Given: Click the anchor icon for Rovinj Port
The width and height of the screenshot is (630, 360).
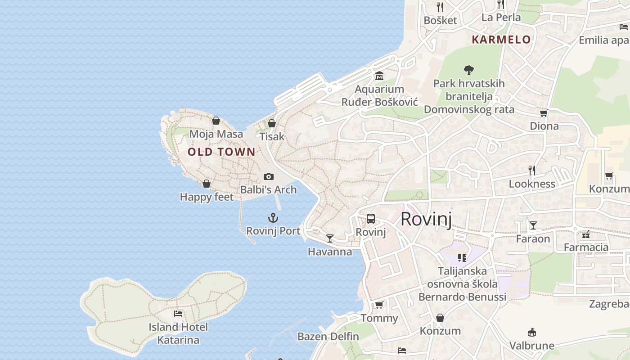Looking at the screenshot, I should [273, 218].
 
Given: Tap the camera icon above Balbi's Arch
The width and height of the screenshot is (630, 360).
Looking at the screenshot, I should [269, 176].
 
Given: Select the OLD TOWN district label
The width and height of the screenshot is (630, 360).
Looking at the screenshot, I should [221, 152].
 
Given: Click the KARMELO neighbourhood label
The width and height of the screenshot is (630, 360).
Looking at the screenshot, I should [501, 40].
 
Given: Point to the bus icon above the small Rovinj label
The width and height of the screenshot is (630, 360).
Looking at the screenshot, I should [371, 219].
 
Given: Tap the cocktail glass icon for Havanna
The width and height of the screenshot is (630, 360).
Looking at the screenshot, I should [330, 238].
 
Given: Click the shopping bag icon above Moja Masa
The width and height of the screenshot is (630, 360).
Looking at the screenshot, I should [216, 121].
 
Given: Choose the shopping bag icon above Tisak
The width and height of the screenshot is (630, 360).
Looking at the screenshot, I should [272, 123].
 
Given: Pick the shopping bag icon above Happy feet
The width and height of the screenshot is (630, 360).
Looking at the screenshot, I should [207, 184].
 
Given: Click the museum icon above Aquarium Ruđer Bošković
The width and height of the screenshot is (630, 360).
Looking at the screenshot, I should [379, 76].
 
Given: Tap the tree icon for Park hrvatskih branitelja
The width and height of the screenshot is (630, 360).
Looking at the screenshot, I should [469, 70].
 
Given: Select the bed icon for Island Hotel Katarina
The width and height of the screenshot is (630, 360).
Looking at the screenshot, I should [178, 313].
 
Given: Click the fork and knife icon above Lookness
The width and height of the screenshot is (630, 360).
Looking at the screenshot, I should [532, 170].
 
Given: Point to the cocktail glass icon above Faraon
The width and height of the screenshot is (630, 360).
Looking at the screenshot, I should [533, 225].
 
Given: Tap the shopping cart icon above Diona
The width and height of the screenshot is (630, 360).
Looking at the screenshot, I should [544, 113].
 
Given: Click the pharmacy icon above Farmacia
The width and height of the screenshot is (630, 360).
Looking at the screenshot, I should [586, 234].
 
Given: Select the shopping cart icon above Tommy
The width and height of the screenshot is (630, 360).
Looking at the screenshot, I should [379, 305].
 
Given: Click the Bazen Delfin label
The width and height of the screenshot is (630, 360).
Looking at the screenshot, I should [328, 336].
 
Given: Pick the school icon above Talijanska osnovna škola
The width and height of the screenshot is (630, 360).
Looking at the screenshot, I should [462, 257].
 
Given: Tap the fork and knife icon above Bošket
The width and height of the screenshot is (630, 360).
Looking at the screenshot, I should [440, 7].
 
